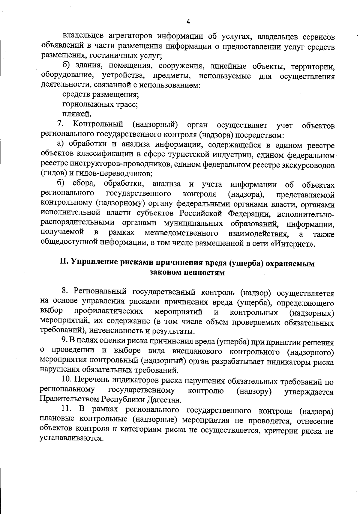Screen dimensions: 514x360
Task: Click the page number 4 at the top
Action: point(188,22)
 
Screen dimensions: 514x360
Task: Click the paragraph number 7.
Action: point(60,124)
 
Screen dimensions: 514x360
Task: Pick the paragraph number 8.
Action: point(65,291)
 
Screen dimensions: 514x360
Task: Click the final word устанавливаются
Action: point(71,438)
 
